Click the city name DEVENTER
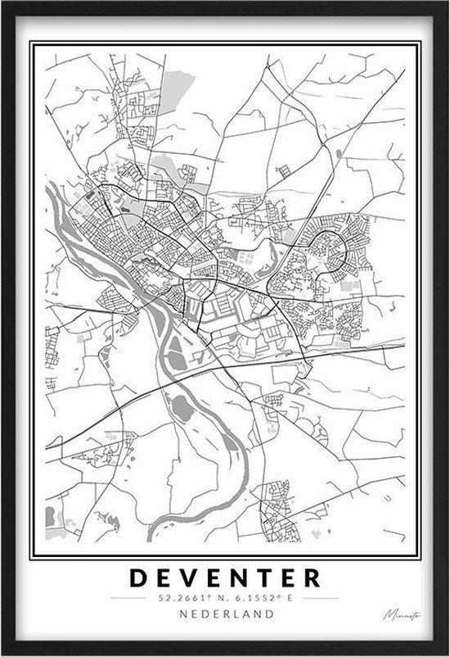225,578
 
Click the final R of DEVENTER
312,578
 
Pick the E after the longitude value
287,598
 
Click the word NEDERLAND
225,614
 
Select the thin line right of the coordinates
317,599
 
